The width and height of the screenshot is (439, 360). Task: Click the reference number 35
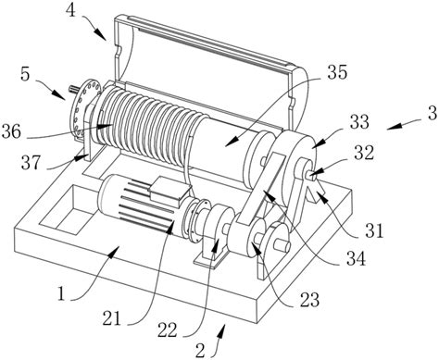coord(337,72)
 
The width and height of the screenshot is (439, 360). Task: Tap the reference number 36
coord(11,132)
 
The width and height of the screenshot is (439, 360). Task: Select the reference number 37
coord(31,163)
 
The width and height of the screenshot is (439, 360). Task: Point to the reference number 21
coord(112,319)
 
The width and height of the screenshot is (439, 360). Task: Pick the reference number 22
coord(168,330)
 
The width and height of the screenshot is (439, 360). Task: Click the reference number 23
coord(309,299)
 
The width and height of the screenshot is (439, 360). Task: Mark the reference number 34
coord(356,258)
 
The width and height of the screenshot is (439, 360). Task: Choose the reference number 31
coord(374,230)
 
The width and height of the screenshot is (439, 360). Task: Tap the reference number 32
coord(364,153)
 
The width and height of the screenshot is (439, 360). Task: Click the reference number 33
coord(359,121)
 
